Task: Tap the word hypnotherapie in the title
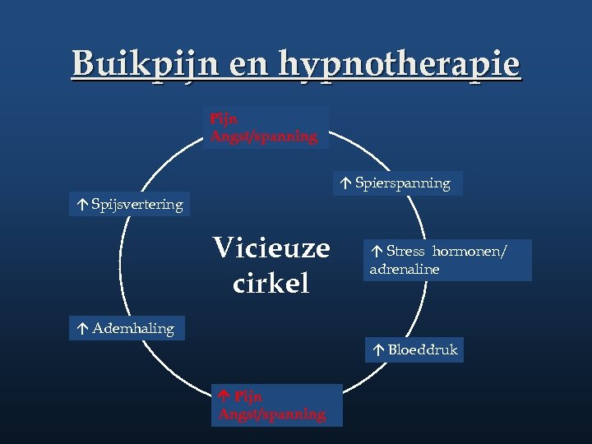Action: (400, 63)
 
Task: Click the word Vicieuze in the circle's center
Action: (271, 247)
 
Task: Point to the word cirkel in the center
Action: (271, 284)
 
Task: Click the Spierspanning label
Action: (402, 183)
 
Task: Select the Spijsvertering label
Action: (137, 205)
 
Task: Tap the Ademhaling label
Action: (133, 329)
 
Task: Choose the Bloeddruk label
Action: (423, 350)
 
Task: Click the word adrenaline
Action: (405, 270)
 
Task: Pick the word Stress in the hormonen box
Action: (405, 252)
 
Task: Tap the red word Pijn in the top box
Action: (224, 119)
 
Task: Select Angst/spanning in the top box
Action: (264, 136)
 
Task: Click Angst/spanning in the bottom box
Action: (272, 414)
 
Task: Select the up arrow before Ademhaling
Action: (83, 329)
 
